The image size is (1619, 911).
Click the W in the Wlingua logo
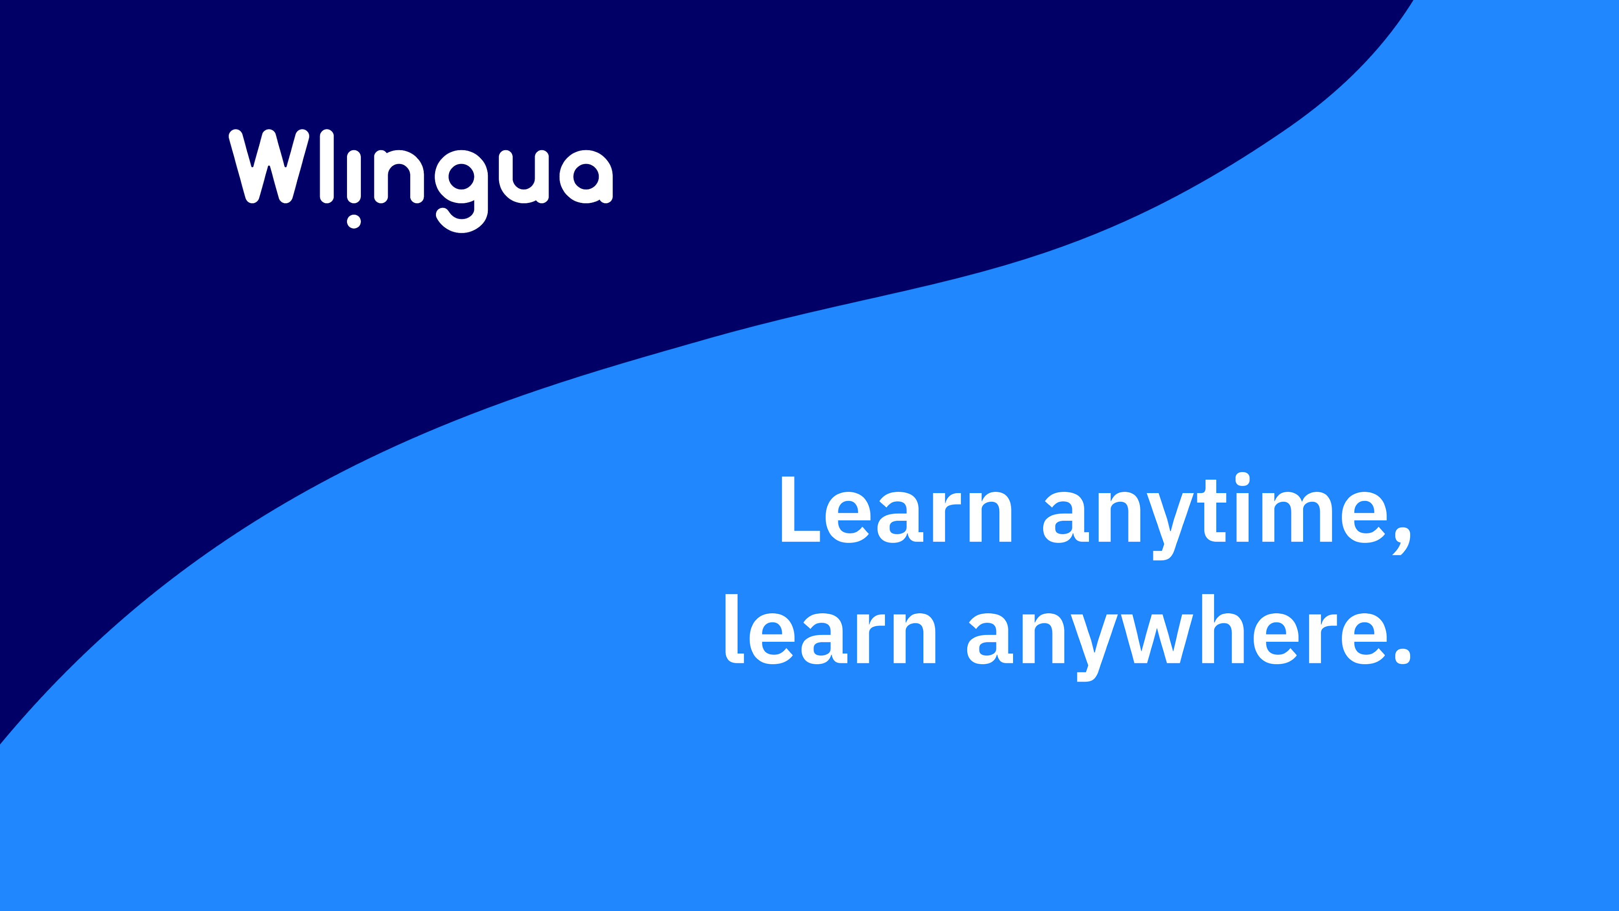[269, 166]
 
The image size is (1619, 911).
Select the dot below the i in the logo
[354, 221]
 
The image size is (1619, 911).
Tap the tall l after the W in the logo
[327, 166]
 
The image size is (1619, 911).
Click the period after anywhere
[1403, 655]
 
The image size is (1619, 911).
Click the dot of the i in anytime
[1242, 480]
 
